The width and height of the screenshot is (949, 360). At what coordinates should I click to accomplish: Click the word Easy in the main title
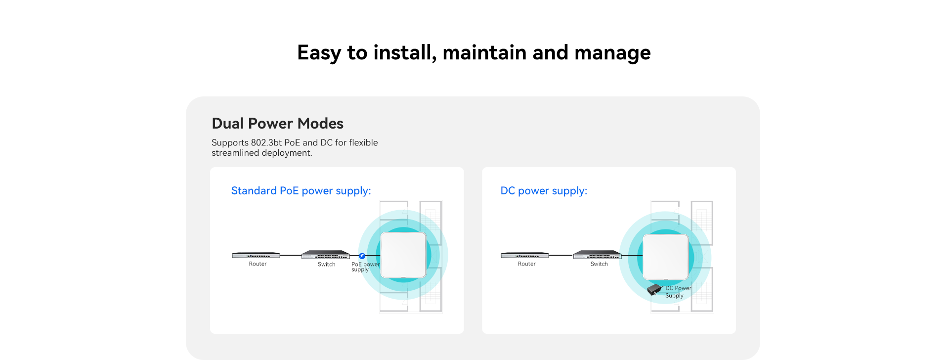(319, 53)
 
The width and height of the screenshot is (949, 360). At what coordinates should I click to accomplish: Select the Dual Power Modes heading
(278, 123)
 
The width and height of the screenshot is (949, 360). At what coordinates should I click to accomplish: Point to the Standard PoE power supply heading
(301, 191)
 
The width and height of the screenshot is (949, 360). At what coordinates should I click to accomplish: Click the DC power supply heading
(544, 191)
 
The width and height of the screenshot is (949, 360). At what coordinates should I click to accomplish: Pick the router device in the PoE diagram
(256, 255)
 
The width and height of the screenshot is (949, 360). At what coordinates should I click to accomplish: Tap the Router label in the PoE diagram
(258, 264)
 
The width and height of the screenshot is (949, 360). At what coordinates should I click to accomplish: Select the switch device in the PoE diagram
(326, 255)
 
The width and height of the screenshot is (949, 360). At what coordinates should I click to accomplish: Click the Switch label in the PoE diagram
(326, 265)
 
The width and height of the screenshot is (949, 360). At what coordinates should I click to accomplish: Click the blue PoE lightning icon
(362, 256)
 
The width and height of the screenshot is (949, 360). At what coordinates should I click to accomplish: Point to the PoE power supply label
(365, 267)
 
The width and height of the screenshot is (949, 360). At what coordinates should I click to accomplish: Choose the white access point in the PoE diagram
(403, 255)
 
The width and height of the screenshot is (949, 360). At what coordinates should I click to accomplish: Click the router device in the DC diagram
(525, 255)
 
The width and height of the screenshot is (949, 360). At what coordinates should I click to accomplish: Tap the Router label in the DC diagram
(526, 264)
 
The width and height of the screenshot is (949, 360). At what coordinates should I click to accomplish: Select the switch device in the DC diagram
(597, 255)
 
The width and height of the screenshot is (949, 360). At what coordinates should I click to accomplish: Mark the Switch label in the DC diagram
(599, 264)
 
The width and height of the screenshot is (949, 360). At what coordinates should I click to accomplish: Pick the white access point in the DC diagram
(666, 257)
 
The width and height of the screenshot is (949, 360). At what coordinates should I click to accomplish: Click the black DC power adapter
(654, 289)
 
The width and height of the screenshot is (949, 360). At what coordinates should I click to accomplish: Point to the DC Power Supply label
(678, 292)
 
